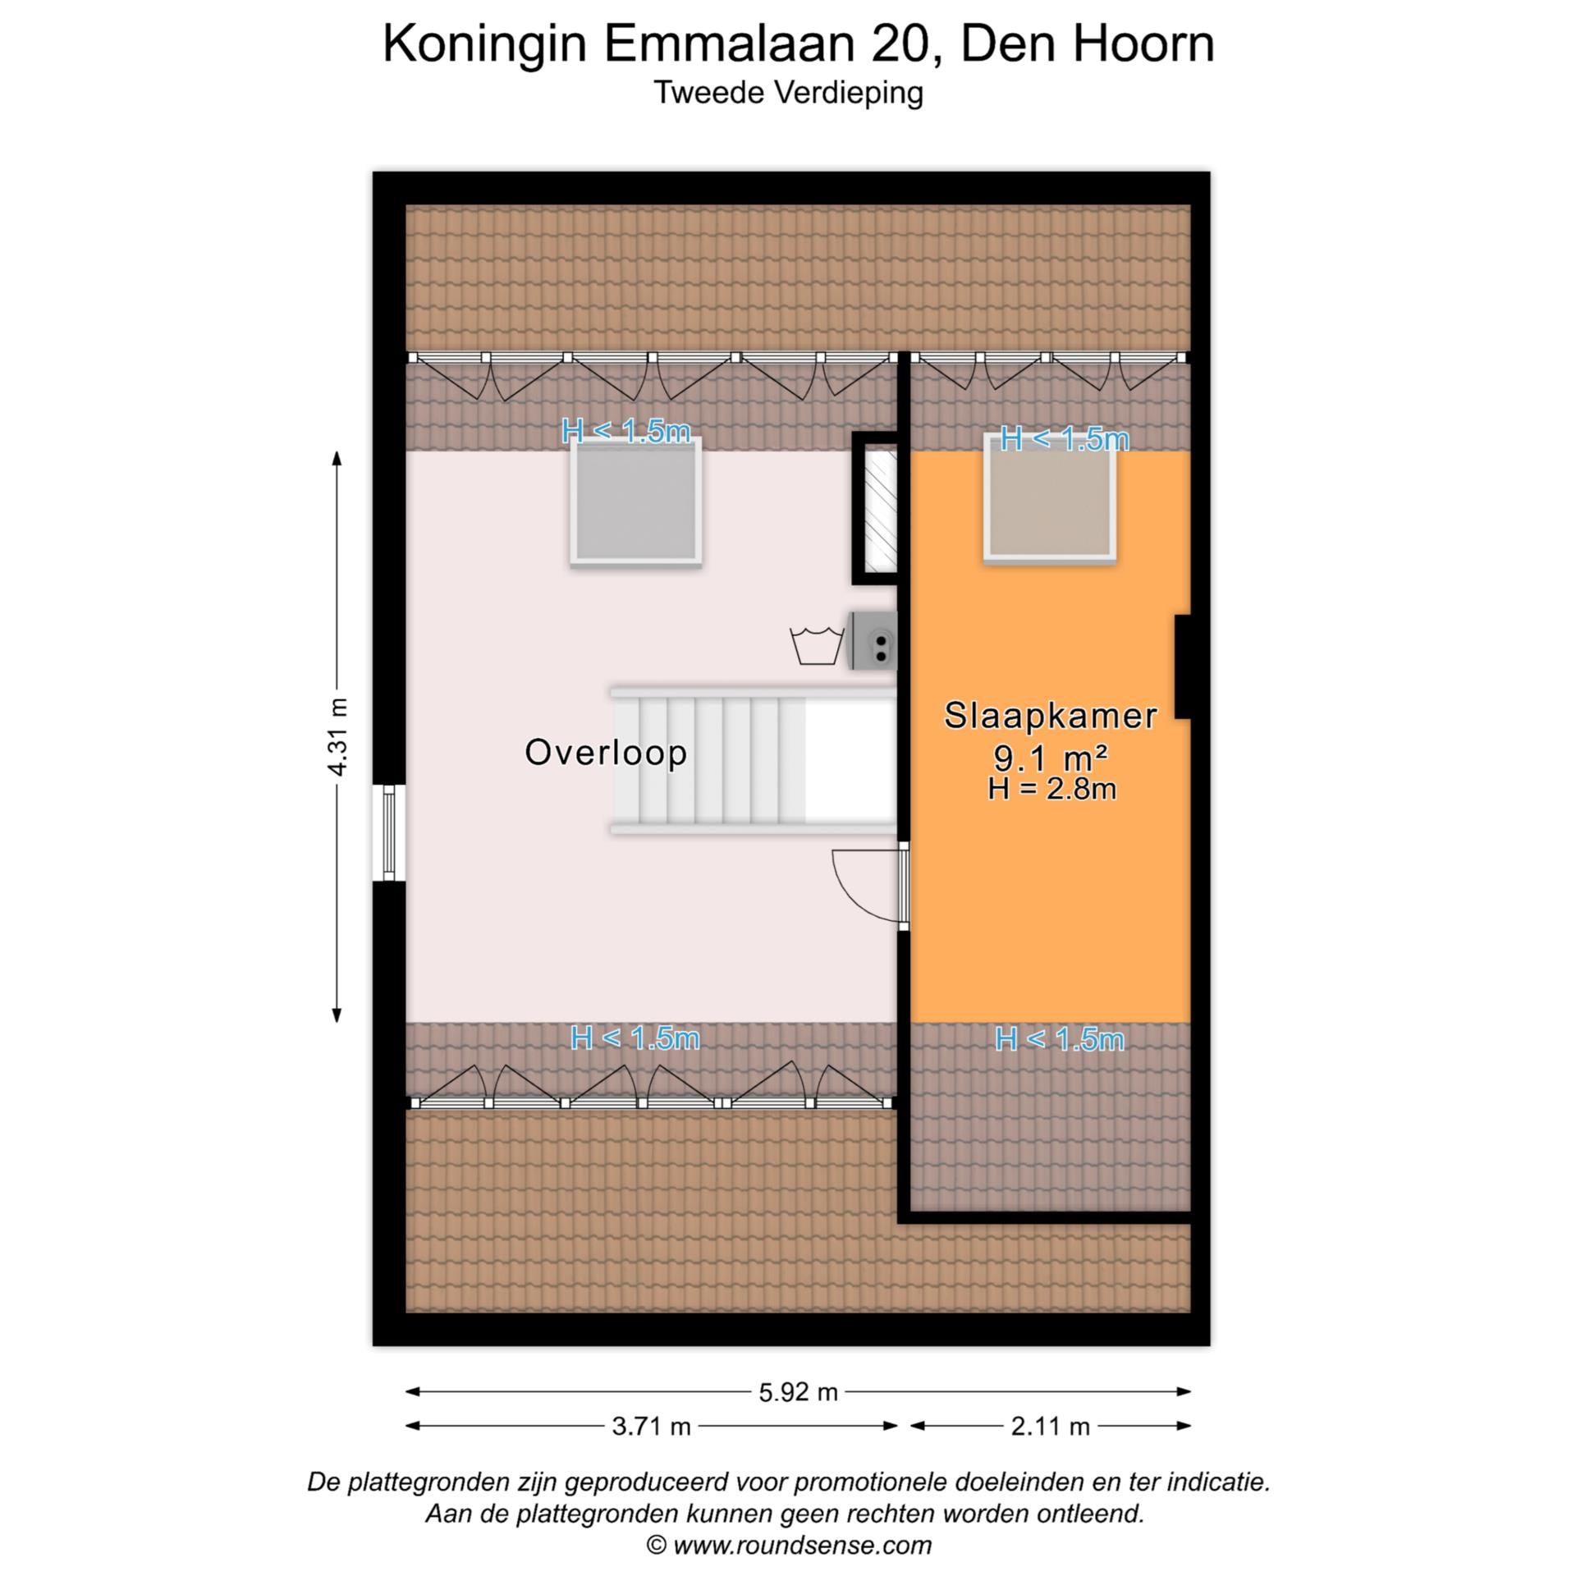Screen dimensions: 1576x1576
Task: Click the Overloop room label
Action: pyautogui.click(x=606, y=753)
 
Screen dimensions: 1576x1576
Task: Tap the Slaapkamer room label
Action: pyautogui.click(x=1050, y=716)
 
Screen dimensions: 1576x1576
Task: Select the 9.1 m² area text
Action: pyautogui.click(x=1050, y=757)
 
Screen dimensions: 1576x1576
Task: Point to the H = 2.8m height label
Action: pyautogui.click(x=1051, y=790)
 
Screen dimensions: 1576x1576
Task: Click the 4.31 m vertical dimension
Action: pyautogui.click(x=337, y=736)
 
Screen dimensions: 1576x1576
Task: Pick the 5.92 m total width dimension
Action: pyautogui.click(x=798, y=1392)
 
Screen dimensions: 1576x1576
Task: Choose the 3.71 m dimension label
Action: pyautogui.click(x=651, y=1427)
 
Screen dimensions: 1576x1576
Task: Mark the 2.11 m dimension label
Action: pyautogui.click(x=1050, y=1427)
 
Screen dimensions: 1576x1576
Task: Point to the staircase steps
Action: pyautogui.click(x=710, y=760)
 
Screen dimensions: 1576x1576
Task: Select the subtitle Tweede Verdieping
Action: pyautogui.click(x=788, y=92)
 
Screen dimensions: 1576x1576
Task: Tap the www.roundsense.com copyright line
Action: pyautogui.click(x=788, y=1545)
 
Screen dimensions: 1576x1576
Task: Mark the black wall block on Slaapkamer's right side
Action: pyautogui.click(x=1182, y=667)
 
